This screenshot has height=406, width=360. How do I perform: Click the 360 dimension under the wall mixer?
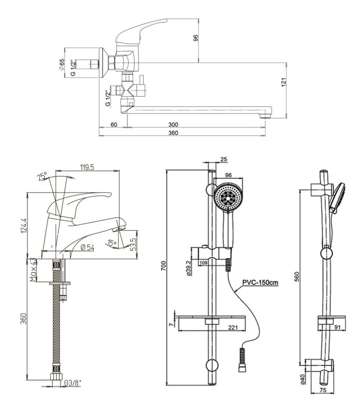pos(173,133)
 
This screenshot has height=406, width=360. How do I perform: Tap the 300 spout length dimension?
pos(173,124)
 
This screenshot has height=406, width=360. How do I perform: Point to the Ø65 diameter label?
pos(62,65)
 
